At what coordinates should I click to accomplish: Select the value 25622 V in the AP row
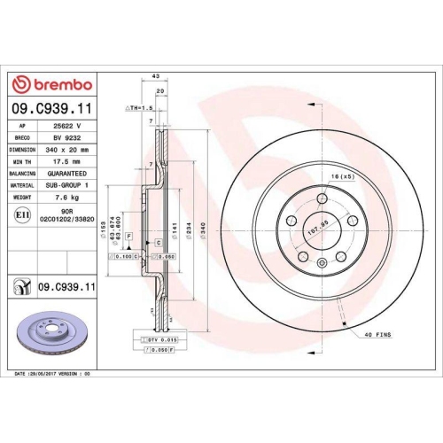click(67, 127)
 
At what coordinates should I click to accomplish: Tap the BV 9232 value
click(67, 138)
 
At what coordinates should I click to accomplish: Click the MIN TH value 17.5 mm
click(67, 161)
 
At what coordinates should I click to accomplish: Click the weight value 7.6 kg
click(67, 197)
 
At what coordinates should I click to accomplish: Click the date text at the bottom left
click(53, 375)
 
